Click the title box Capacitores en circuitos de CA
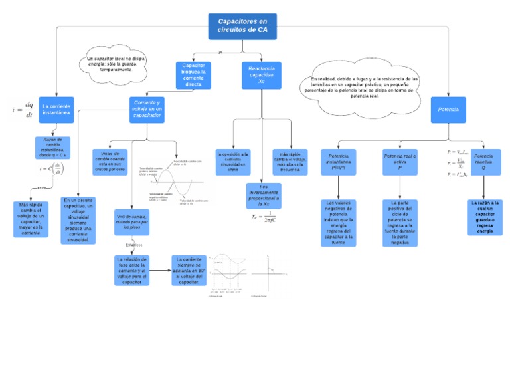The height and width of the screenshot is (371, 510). (x=246, y=26)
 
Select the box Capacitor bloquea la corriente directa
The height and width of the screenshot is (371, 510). (x=193, y=75)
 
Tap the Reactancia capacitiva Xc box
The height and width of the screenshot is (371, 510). (x=261, y=75)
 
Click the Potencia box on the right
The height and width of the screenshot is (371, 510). (x=448, y=109)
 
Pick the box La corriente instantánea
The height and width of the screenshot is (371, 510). (x=56, y=110)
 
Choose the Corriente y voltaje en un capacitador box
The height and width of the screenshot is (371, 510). (x=147, y=110)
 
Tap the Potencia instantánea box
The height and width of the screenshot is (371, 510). (x=339, y=162)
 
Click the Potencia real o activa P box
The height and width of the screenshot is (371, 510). (x=400, y=162)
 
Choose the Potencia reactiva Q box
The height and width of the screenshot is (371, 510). (x=483, y=162)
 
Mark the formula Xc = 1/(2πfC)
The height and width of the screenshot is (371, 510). (x=264, y=217)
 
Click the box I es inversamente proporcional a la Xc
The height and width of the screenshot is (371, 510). (x=264, y=195)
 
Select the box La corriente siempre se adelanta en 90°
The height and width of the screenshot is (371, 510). (x=189, y=270)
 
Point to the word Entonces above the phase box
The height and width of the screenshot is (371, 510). (x=133, y=245)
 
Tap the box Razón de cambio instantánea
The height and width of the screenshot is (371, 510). (x=52, y=148)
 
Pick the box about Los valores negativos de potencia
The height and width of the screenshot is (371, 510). (x=339, y=223)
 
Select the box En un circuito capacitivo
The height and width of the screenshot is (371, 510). (x=78, y=219)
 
